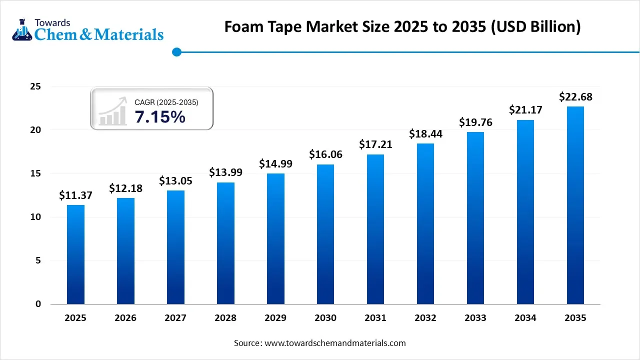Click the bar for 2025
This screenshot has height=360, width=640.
click(x=75, y=254)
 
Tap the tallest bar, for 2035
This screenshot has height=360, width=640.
click(x=575, y=205)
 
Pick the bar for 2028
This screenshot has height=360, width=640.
click(x=225, y=243)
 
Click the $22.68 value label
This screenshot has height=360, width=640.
click(x=575, y=96)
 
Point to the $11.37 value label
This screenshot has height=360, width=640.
click(x=75, y=195)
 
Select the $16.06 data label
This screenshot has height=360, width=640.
click(x=325, y=154)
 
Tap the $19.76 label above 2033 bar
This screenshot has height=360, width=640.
click(x=475, y=122)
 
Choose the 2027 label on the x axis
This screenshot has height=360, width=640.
click(x=175, y=318)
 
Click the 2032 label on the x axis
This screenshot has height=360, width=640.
click(x=425, y=318)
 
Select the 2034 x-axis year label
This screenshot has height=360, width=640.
click(x=525, y=318)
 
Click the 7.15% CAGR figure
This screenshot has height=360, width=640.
click(x=160, y=117)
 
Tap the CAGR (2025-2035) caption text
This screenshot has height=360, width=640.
click(x=166, y=102)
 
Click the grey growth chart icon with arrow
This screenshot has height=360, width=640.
click(x=112, y=111)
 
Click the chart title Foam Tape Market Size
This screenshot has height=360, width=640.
click(x=402, y=26)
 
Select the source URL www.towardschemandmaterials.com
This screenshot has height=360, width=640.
click(x=334, y=343)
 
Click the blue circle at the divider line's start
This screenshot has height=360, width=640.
click(x=176, y=51)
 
